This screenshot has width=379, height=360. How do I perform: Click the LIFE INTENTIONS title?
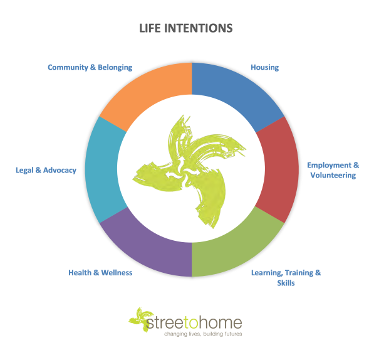tap(186, 28)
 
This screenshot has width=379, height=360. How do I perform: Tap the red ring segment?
tap(280, 169)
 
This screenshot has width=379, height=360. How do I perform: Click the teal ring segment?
tap(104, 169)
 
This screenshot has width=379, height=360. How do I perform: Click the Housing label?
tap(264, 67)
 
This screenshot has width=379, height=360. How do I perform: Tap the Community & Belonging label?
tap(90, 67)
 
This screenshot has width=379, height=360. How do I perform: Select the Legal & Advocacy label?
tap(46, 170)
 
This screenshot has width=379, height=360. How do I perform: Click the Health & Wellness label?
tap(100, 273)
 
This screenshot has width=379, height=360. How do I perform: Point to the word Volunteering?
tap(333, 175)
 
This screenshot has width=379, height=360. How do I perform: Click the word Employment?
tap(330, 165)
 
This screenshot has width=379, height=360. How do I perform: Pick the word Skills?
tap(286, 283)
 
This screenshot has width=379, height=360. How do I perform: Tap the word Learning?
tap(267, 273)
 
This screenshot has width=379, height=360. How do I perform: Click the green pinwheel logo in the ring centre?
tap(189, 171)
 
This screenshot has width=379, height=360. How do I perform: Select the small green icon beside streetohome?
tap(141, 319)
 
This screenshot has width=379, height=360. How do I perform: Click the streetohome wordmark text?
tap(194, 323)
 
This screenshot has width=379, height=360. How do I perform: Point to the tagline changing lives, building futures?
tap(203, 334)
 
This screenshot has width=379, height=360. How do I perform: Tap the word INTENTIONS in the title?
tap(199, 28)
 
